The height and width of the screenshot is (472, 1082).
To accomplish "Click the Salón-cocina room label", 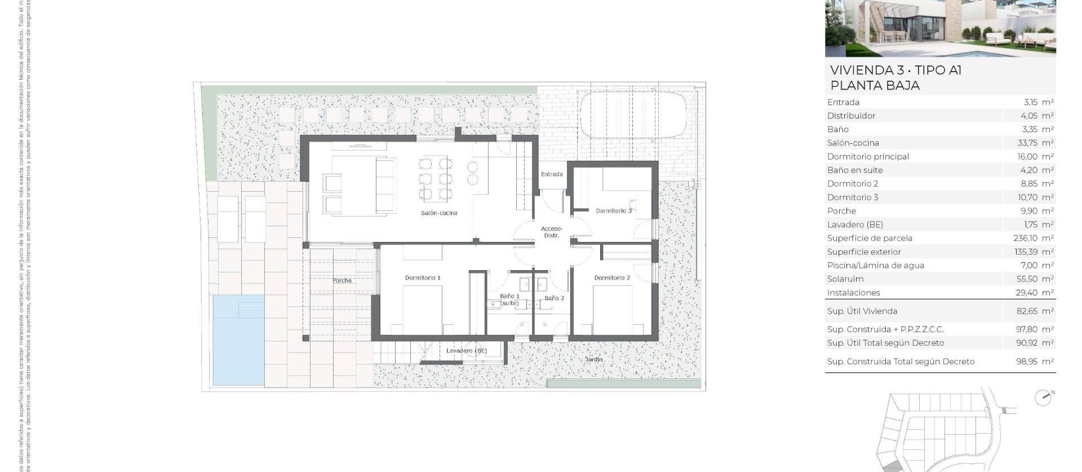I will click(x=439, y=213).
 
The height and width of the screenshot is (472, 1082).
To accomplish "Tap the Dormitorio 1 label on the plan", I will click(x=423, y=278).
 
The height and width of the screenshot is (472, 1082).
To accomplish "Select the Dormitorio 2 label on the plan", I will click(x=612, y=278).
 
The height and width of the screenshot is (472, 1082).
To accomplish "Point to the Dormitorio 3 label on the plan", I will click(x=614, y=211).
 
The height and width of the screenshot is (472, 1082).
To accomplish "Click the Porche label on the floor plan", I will click(x=342, y=280).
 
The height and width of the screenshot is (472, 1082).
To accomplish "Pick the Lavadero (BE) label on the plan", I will click(x=466, y=351).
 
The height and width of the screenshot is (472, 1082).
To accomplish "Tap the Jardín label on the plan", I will click(x=593, y=359).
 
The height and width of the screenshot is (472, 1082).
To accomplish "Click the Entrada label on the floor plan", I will click(x=552, y=174).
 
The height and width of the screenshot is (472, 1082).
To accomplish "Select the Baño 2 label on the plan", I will click(x=554, y=298).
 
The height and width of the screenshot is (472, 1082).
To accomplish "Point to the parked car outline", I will click(x=633, y=115).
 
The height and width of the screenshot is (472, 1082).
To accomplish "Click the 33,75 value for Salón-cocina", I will click(x=1028, y=143).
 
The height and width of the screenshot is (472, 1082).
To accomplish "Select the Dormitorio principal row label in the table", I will click(x=868, y=157).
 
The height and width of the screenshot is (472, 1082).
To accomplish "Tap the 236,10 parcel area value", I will click(x=1026, y=239).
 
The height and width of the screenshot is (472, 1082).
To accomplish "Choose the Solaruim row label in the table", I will click(x=845, y=279).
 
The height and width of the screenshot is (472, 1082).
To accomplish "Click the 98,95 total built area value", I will click(x=1027, y=362).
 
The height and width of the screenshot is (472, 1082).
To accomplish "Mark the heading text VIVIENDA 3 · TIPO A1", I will click(x=895, y=70).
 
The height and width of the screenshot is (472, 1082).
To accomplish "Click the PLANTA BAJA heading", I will click(x=875, y=86).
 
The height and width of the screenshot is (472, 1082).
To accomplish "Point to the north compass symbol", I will click(x=1043, y=398).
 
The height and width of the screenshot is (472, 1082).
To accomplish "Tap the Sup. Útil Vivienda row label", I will click(x=862, y=311).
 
